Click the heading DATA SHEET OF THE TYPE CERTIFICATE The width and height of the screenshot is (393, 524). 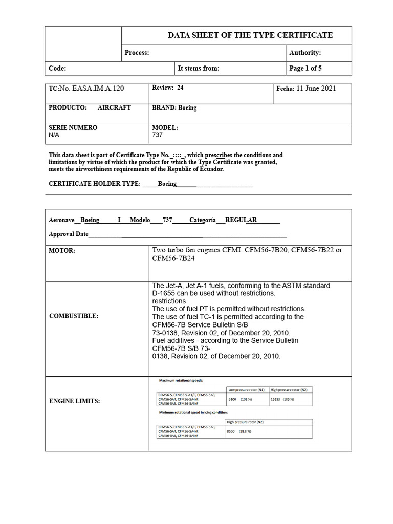[x=250, y=35]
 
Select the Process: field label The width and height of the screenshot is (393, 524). [x=137, y=53]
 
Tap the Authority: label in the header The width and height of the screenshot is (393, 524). [x=305, y=53]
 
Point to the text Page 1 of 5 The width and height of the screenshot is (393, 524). [x=305, y=68]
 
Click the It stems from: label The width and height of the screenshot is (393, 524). [x=198, y=68]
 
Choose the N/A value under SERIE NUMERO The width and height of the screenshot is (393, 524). [x=54, y=135]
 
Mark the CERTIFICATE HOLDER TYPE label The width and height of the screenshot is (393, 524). [x=94, y=184]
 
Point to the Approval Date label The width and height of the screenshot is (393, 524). [x=69, y=234]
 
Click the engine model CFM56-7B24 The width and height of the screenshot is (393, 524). [x=173, y=258]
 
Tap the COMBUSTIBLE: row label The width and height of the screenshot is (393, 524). [x=73, y=316]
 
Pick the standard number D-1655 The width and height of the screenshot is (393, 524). [x=165, y=293]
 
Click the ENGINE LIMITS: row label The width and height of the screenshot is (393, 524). [x=74, y=401]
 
